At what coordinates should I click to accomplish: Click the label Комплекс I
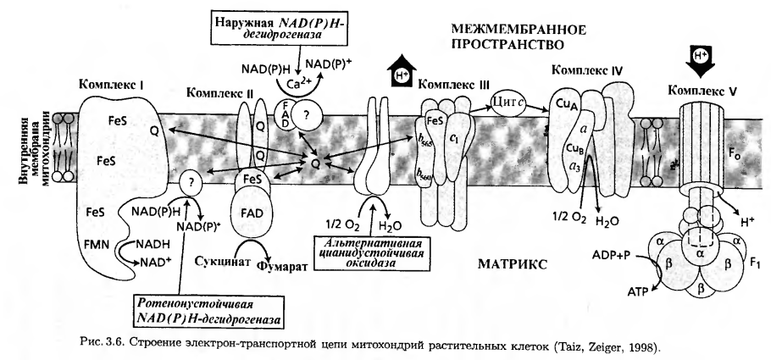point(112,85)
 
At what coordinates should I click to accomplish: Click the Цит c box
point(510,103)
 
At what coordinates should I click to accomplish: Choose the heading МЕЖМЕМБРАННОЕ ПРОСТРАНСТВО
point(508,35)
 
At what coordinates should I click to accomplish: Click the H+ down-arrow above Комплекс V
point(696,58)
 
